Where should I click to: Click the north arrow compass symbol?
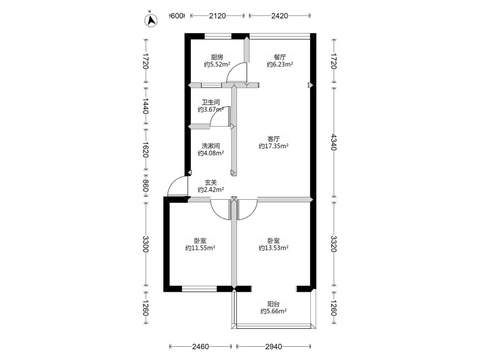151,20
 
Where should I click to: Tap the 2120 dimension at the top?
217,16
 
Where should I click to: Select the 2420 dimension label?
280,16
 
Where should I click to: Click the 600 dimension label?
176,16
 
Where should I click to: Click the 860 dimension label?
146,185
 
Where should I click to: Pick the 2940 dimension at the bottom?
274,347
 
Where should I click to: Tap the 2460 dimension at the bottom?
200,347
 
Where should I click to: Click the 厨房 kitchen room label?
217,57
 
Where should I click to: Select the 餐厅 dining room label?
280,57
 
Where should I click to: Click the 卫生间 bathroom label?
211,102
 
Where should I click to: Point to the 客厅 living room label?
274,139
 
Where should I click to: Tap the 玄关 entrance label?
211,183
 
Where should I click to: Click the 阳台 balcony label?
274,304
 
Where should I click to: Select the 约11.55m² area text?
200,248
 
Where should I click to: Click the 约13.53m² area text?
274,248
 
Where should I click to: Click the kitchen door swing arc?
236,72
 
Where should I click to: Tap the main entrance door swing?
178,186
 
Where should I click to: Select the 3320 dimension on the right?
334,244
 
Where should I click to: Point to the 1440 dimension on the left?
146,106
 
